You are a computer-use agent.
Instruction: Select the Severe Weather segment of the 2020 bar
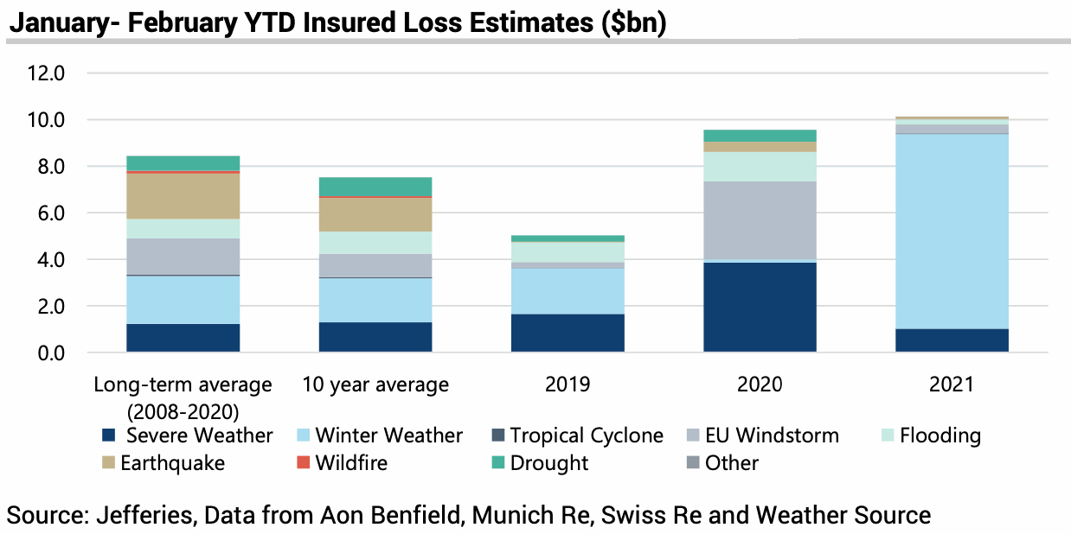pyautogui.click(x=760, y=307)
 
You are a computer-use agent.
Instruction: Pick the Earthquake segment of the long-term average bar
pyautogui.click(x=183, y=196)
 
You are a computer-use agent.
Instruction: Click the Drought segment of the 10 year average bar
pyautogui.click(x=375, y=187)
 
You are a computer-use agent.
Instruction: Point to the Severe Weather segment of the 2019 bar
pyautogui.click(x=568, y=333)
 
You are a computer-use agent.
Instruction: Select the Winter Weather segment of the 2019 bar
pyautogui.click(x=568, y=291)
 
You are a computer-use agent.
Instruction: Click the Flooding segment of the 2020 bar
pyautogui.click(x=760, y=167)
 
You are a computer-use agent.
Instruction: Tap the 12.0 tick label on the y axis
pyautogui.click(x=47, y=73)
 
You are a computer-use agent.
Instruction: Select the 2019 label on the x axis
pyautogui.click(x=568, y=385)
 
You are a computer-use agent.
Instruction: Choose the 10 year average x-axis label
pyautogui.click(x=375, y=385)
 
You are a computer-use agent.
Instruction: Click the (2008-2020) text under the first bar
pyautogui.click(x=183, y=410)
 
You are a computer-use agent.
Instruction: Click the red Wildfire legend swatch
pyautogui.click(x=302, y=462)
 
